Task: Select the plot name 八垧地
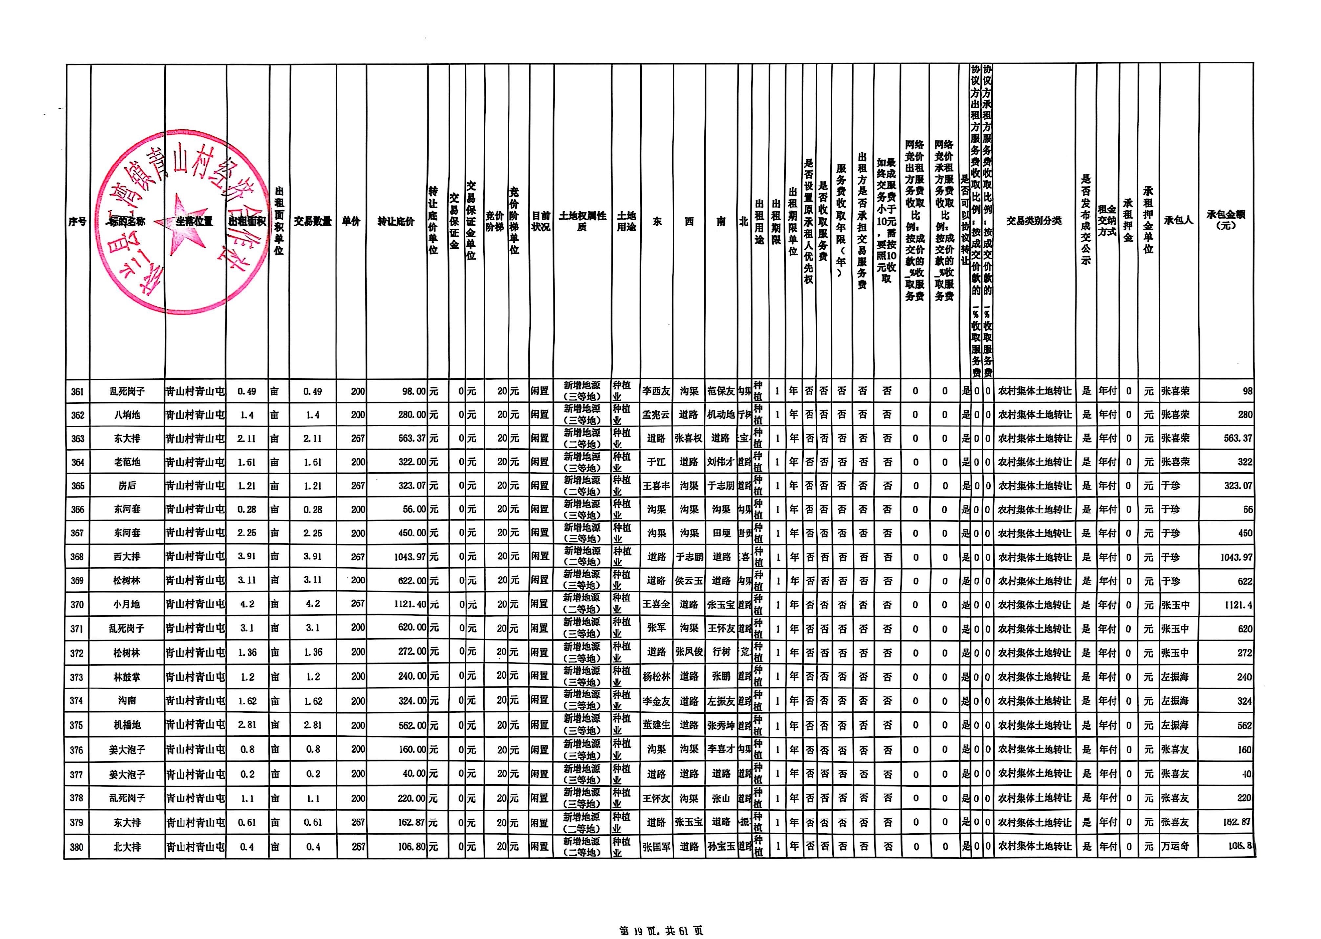coord(127,415)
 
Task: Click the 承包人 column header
coord(1178,220)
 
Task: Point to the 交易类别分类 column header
coord(1034,220)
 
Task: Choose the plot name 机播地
coord(127,725)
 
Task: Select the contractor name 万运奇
coord(1175,846)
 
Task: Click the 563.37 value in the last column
coord(1238,438)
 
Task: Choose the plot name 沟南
coord(127,701)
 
